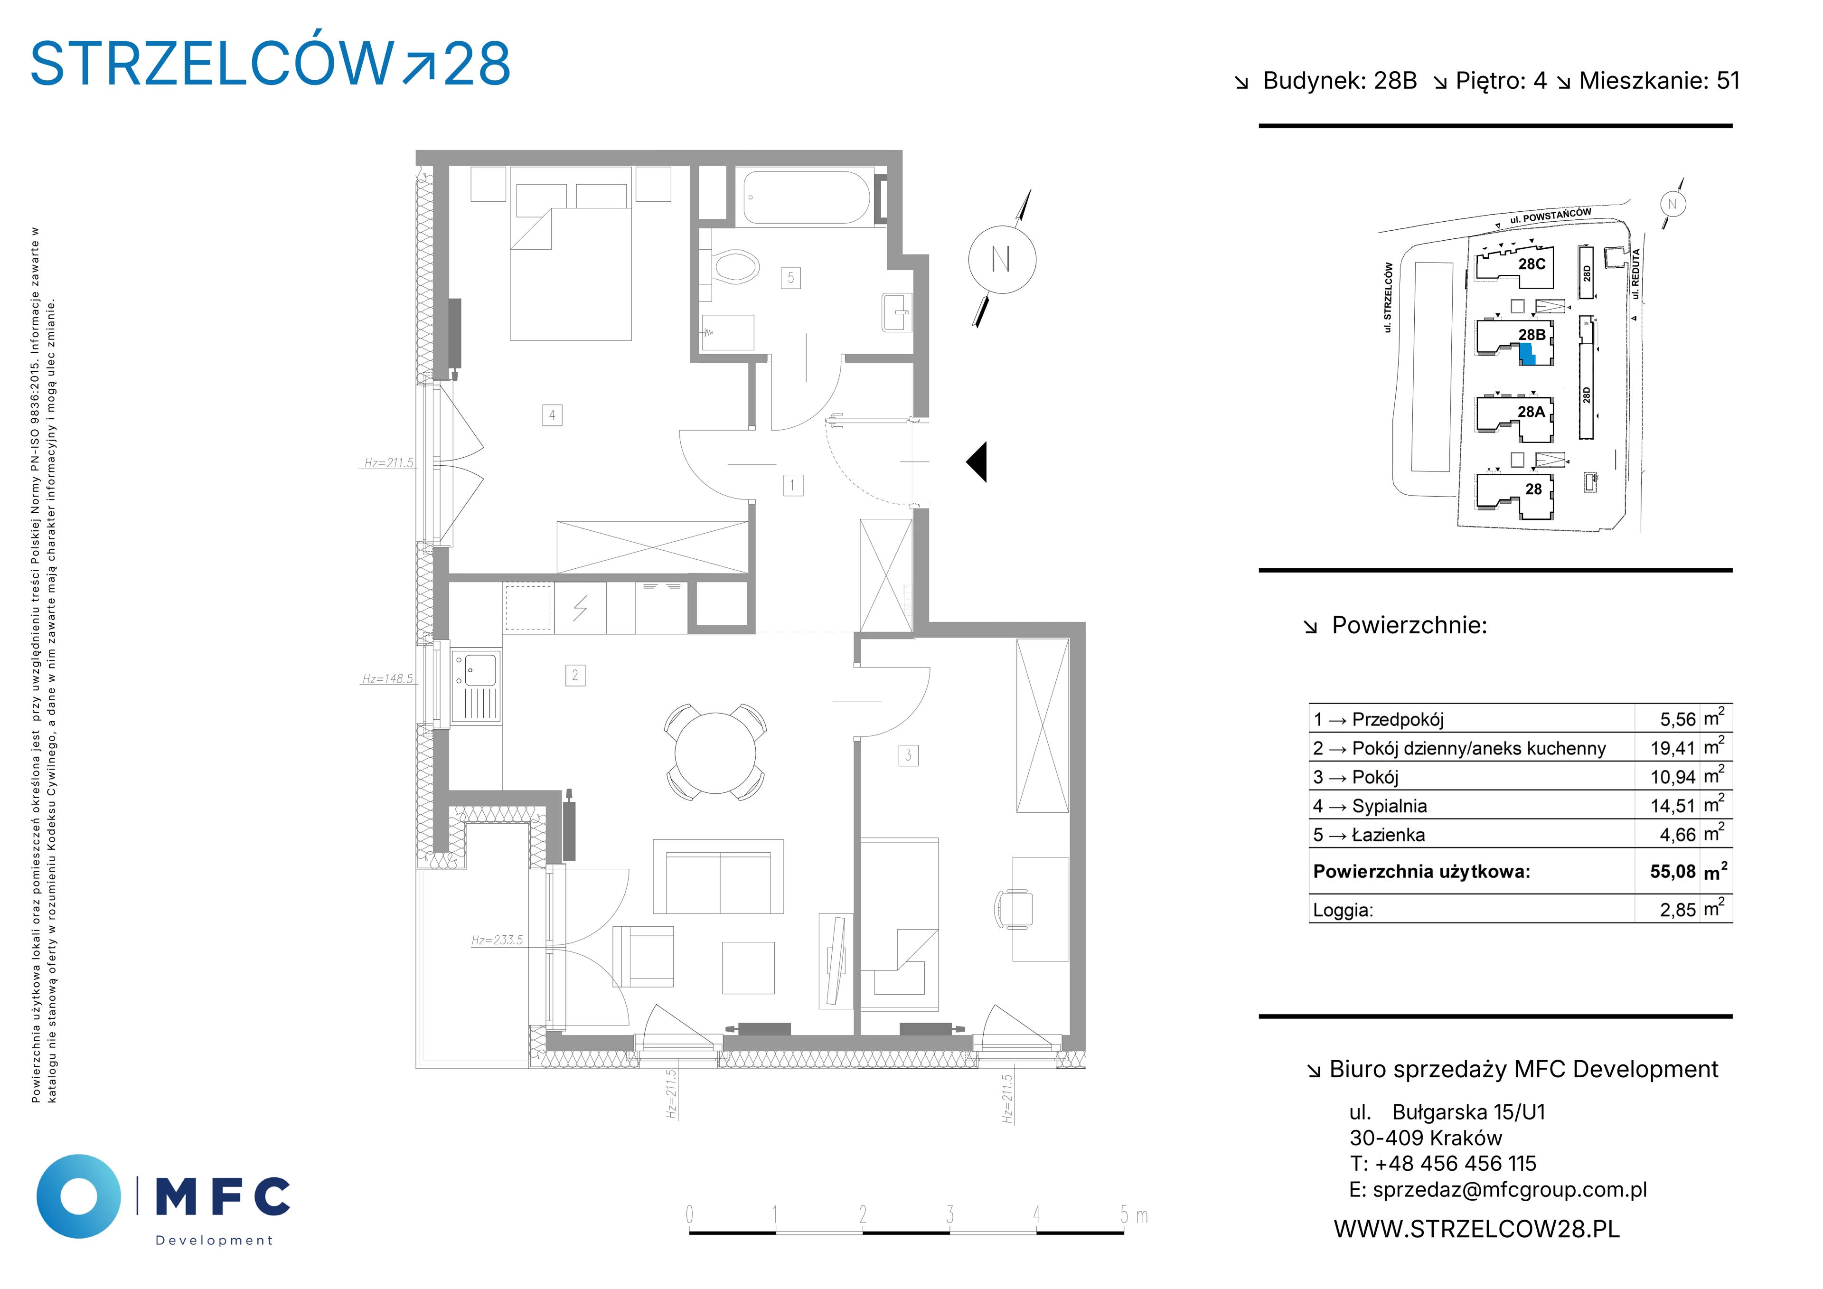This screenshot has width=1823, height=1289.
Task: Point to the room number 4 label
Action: (552, 414)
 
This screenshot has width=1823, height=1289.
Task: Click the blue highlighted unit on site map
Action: (1528, 354)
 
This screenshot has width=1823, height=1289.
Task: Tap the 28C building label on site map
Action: (1532, 263)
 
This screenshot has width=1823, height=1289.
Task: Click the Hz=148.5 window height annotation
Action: (387, 679)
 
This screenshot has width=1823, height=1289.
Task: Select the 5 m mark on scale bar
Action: (1133, 1214)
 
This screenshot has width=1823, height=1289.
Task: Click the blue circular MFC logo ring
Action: (79, 1197)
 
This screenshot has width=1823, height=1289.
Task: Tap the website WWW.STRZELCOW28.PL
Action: (1477, 1229)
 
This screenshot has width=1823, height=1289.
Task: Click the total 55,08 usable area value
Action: (1673, 871)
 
